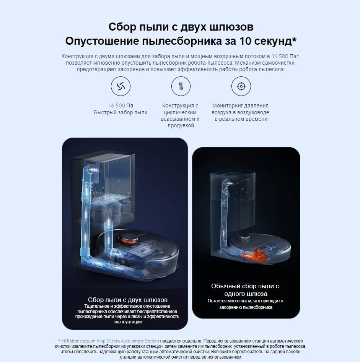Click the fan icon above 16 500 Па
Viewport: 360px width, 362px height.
(121, 86)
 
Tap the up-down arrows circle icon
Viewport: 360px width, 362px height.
(181, 86)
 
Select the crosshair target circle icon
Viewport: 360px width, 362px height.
(241, 86)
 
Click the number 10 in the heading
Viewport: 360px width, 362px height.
(240, 41)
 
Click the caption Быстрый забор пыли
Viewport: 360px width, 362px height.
(121, 112)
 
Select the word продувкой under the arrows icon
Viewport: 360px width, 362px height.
(181, 126)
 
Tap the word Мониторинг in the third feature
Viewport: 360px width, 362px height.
(229, 106)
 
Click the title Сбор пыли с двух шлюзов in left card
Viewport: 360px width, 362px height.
(128, 300)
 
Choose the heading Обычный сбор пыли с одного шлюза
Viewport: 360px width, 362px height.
(245, 290)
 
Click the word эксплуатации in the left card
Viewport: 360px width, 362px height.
(128, 322)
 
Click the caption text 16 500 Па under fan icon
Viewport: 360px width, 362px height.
(121, 106)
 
